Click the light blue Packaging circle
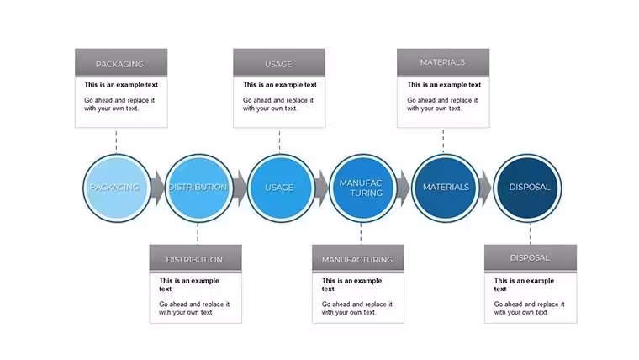[117, 188]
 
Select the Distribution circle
[198, 188]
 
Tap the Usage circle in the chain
[281, 188]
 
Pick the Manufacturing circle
[362, 188]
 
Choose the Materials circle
[445, 188]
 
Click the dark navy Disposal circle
[527, 188]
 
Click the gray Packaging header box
[121, 63]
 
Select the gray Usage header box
[279, 63]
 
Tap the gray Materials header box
[443, 63]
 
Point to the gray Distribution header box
[196, 258]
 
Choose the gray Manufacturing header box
[358, 258]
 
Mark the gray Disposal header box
[531, 258]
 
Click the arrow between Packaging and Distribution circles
[157, 188]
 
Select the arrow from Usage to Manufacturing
[321, 188]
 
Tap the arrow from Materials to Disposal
[486, 188]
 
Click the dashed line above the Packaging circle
[116, 141]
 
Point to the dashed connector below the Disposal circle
[530, 234]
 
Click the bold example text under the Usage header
[279, 85]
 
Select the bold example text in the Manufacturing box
[351, 284]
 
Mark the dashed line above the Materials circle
[443, 141]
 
